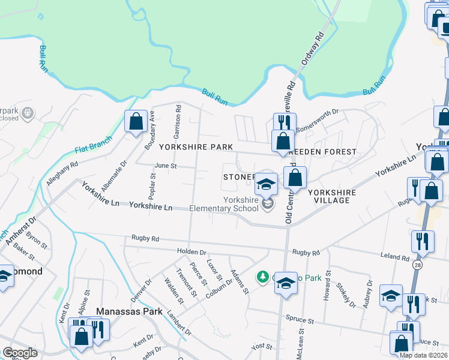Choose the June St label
point(166,166)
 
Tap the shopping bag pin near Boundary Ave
point(136,121)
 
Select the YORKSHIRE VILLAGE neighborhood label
point(332,196)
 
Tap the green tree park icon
point(262,277)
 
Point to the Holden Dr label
point(191,253)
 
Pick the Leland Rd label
point(394,257)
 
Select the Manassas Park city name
point(128,311)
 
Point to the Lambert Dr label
point(179,326)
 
